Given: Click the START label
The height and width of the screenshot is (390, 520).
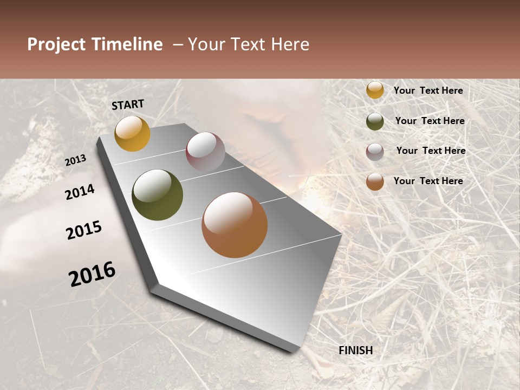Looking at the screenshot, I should click(128, 105).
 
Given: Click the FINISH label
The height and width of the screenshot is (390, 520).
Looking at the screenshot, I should click(355, 350).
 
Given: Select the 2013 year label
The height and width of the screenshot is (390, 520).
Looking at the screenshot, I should click(76, 160).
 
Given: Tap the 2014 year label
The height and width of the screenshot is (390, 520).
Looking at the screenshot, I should click(80, 192).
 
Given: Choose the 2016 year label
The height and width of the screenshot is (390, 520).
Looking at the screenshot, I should click(92, 274).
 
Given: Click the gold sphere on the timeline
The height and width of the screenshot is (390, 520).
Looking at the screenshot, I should click(132, 133).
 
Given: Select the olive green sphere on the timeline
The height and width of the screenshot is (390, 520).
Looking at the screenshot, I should click(157, 195).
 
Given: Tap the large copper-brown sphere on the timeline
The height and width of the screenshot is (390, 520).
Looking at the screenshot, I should click(235, 225).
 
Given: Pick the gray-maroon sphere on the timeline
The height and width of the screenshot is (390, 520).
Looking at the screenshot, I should click(205, 152).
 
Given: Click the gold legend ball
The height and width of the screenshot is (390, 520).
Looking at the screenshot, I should click(375, 90).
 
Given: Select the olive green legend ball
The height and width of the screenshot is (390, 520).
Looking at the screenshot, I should click(375, 121).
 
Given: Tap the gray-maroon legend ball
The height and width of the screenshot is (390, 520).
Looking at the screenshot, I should click(375, 152).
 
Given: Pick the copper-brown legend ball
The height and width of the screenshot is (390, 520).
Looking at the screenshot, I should click(375, 181).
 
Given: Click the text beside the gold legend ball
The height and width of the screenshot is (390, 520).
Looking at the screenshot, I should click(428, 91).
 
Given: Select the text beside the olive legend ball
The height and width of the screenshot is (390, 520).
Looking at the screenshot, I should click(430, 121).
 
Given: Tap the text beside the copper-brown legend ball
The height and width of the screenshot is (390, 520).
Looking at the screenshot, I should click(428, 181).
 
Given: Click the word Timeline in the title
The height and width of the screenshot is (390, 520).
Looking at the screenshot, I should click(127, 44).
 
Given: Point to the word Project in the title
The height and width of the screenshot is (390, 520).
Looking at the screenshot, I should click(56, 44).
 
